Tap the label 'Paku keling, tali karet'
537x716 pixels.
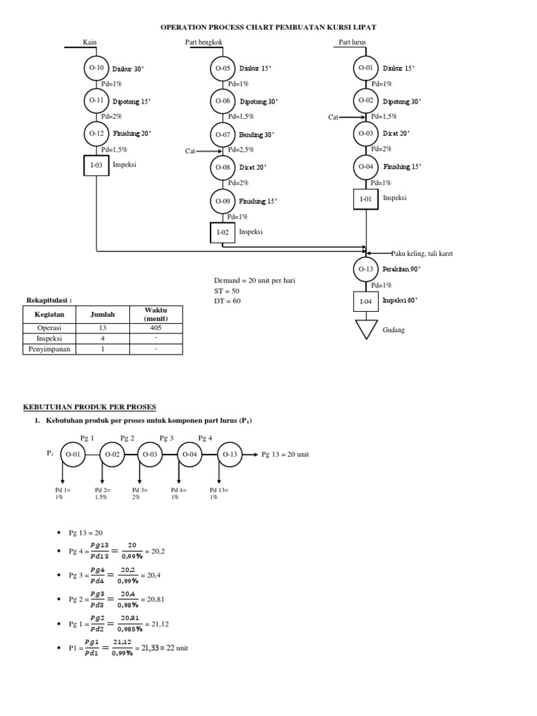pyautogui.click(x=422, y=254)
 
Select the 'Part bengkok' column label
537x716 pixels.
pyautogui.click(x=203, y=42)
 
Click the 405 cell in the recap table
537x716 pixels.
pyautogui.click(x=156, y=328)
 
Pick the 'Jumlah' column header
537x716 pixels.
pyautogui.click(x=102, y=314)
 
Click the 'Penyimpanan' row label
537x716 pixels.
pyautogui.click(x=50, y=350)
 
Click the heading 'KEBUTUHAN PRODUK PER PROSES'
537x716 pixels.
pyautogui.click(x=90, y=407)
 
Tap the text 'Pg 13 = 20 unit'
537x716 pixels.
pyautogui.click(x=285, y=454)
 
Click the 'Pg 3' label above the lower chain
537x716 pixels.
pyautogui.click(x=166, y=438)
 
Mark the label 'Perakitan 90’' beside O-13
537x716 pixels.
pyautogui.click(x=401, y=269)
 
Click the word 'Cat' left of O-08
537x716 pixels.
pyautogui.click(x=190, y=151)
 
